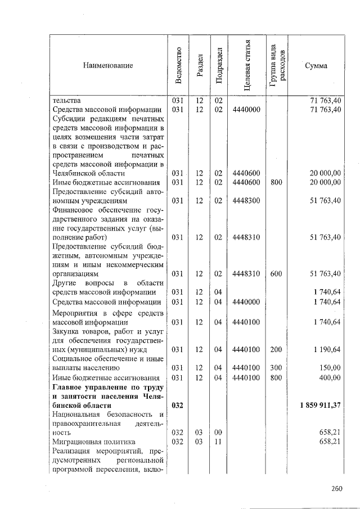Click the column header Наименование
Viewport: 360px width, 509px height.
(108, 66)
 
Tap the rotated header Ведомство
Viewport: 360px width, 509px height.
(178, 66)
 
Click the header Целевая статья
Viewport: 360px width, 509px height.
(247, 66)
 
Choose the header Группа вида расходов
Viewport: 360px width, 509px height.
(276, 66)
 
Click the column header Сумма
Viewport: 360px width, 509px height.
(316, 66)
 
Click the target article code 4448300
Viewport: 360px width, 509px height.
(246, 200)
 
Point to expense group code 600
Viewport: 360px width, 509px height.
(276, 273)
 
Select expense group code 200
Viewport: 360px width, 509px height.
(276, 349)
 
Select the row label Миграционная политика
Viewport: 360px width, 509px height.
(84, 442)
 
